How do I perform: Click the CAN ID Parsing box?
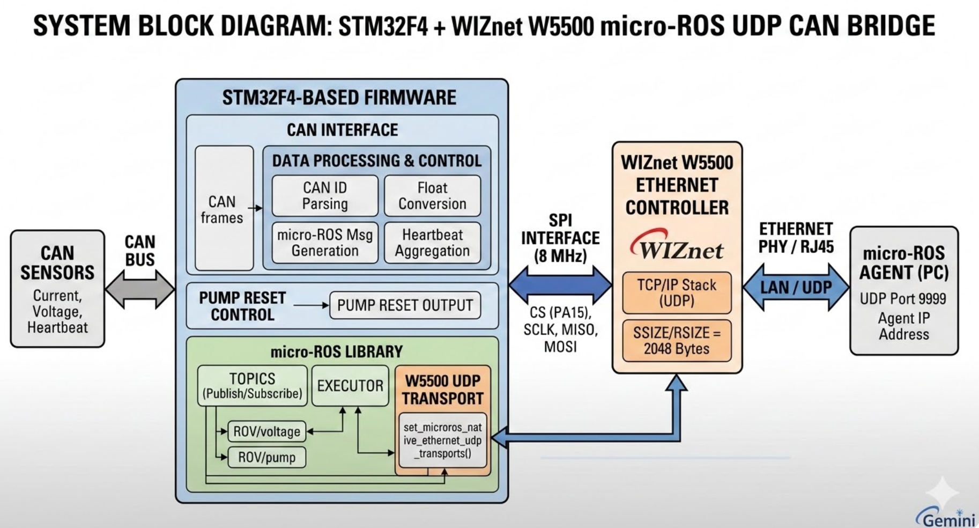tap(325, 195)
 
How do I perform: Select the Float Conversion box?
tap(432, 195)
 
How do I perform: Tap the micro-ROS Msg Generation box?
tap(325, 243)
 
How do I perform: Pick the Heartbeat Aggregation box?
tap(432, 243)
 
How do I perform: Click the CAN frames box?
tap(224, 208)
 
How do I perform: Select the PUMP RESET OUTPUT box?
tap(405, 305)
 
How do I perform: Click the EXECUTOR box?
tap(350, 386)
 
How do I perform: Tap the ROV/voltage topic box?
tap(267, 431)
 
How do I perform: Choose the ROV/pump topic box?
tap(267, 457)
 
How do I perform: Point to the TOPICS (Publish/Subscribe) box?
tap(252, 386)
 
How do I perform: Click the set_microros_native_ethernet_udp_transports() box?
tap(443, 441)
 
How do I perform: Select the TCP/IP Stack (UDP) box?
tap(677, 293)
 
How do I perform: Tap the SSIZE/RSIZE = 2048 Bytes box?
tap(677, 341)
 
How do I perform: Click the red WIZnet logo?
tap(677, 246)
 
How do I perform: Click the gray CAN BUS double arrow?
tap(140, 289)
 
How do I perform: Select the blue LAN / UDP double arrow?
tap(796, 287)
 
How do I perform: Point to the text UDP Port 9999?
tap(903, 299)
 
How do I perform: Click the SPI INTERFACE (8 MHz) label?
tap(560, 238)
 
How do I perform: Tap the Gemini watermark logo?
tap(946, 518)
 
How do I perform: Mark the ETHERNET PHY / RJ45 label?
tap(796, 238)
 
